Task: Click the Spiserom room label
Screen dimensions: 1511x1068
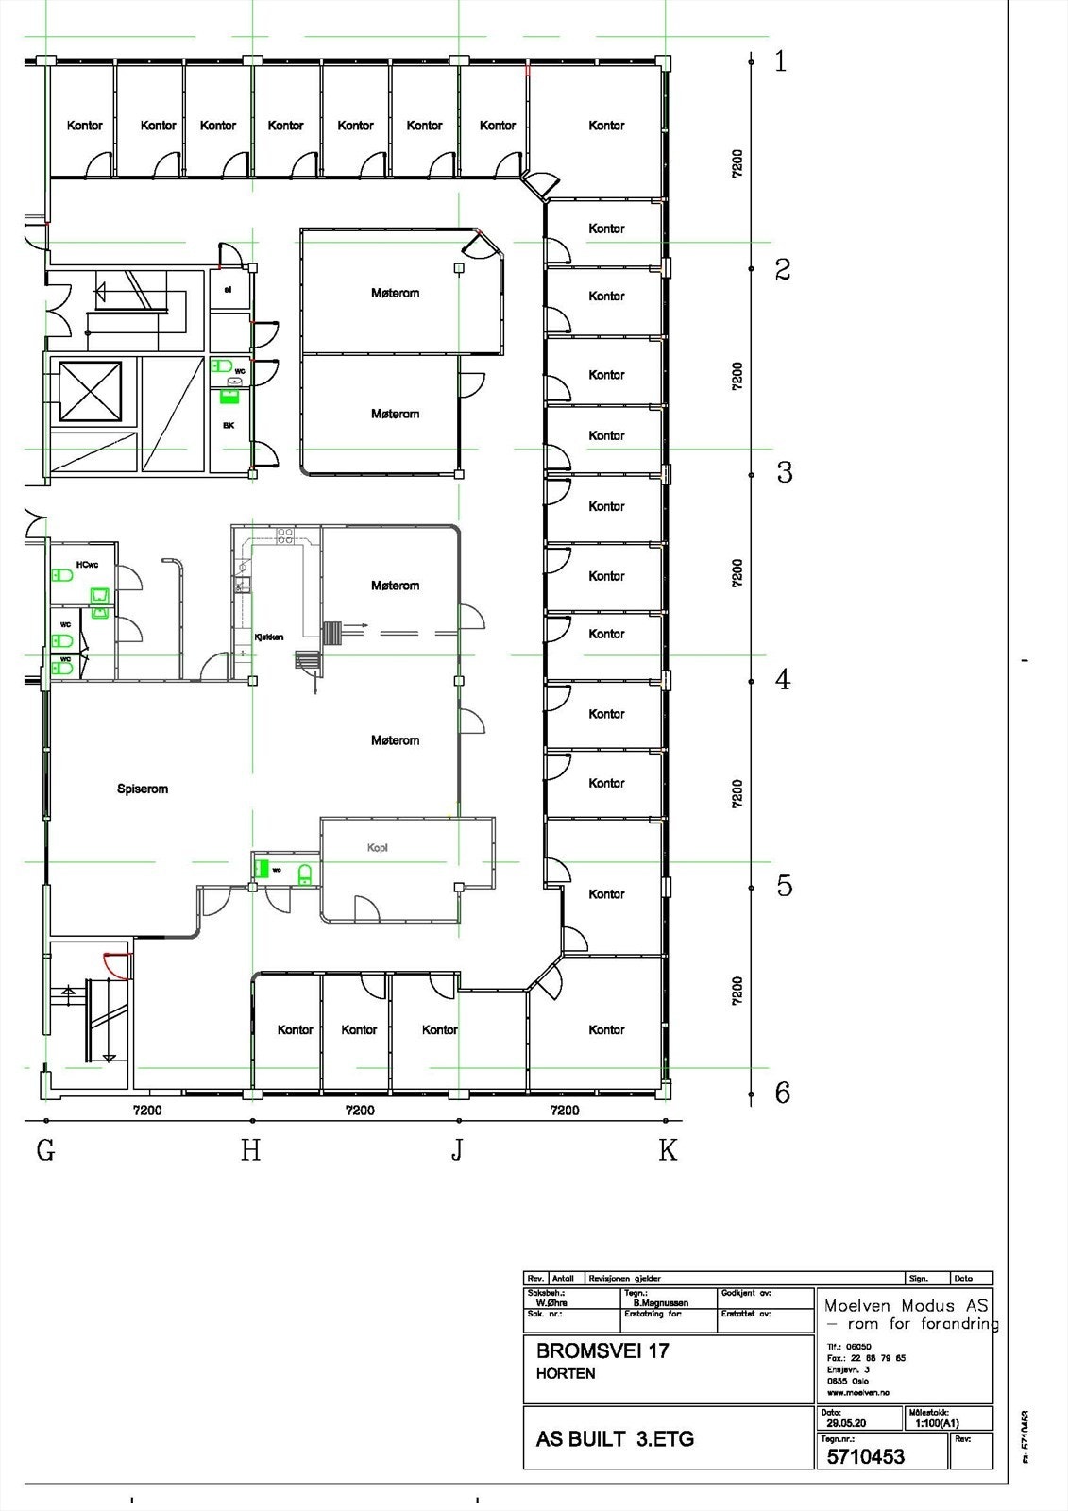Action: click(143, 789)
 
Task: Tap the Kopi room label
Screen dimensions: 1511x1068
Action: click(378, 848)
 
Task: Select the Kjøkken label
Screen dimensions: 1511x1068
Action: click(269, 637)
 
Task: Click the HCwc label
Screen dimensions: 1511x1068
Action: click(87, 565)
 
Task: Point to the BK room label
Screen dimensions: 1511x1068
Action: click(229, 426)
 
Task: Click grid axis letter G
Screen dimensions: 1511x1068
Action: click(45, 1150)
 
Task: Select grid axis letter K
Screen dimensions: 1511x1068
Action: click(668, 1150)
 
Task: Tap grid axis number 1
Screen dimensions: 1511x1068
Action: click(780, 62)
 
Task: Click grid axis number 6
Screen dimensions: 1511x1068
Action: click(782, 1093)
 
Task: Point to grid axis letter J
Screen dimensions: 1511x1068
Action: click(457, 1150)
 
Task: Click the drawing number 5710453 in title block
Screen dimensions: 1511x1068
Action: click(865, 1456)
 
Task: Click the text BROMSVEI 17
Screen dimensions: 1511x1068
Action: click(602, 1350)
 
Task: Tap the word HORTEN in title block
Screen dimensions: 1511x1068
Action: click(566, 1374)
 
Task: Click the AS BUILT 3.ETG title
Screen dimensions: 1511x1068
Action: click(615, 1439)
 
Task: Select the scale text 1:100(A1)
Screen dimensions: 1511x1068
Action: click(937, 1423)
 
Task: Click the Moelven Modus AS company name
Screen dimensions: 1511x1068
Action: click(906, 1306)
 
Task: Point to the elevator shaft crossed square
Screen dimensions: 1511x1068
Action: click(91, 391)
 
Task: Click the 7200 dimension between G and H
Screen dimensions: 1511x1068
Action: click(147, 1111)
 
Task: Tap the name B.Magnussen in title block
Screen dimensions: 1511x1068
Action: click(661, 1303)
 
